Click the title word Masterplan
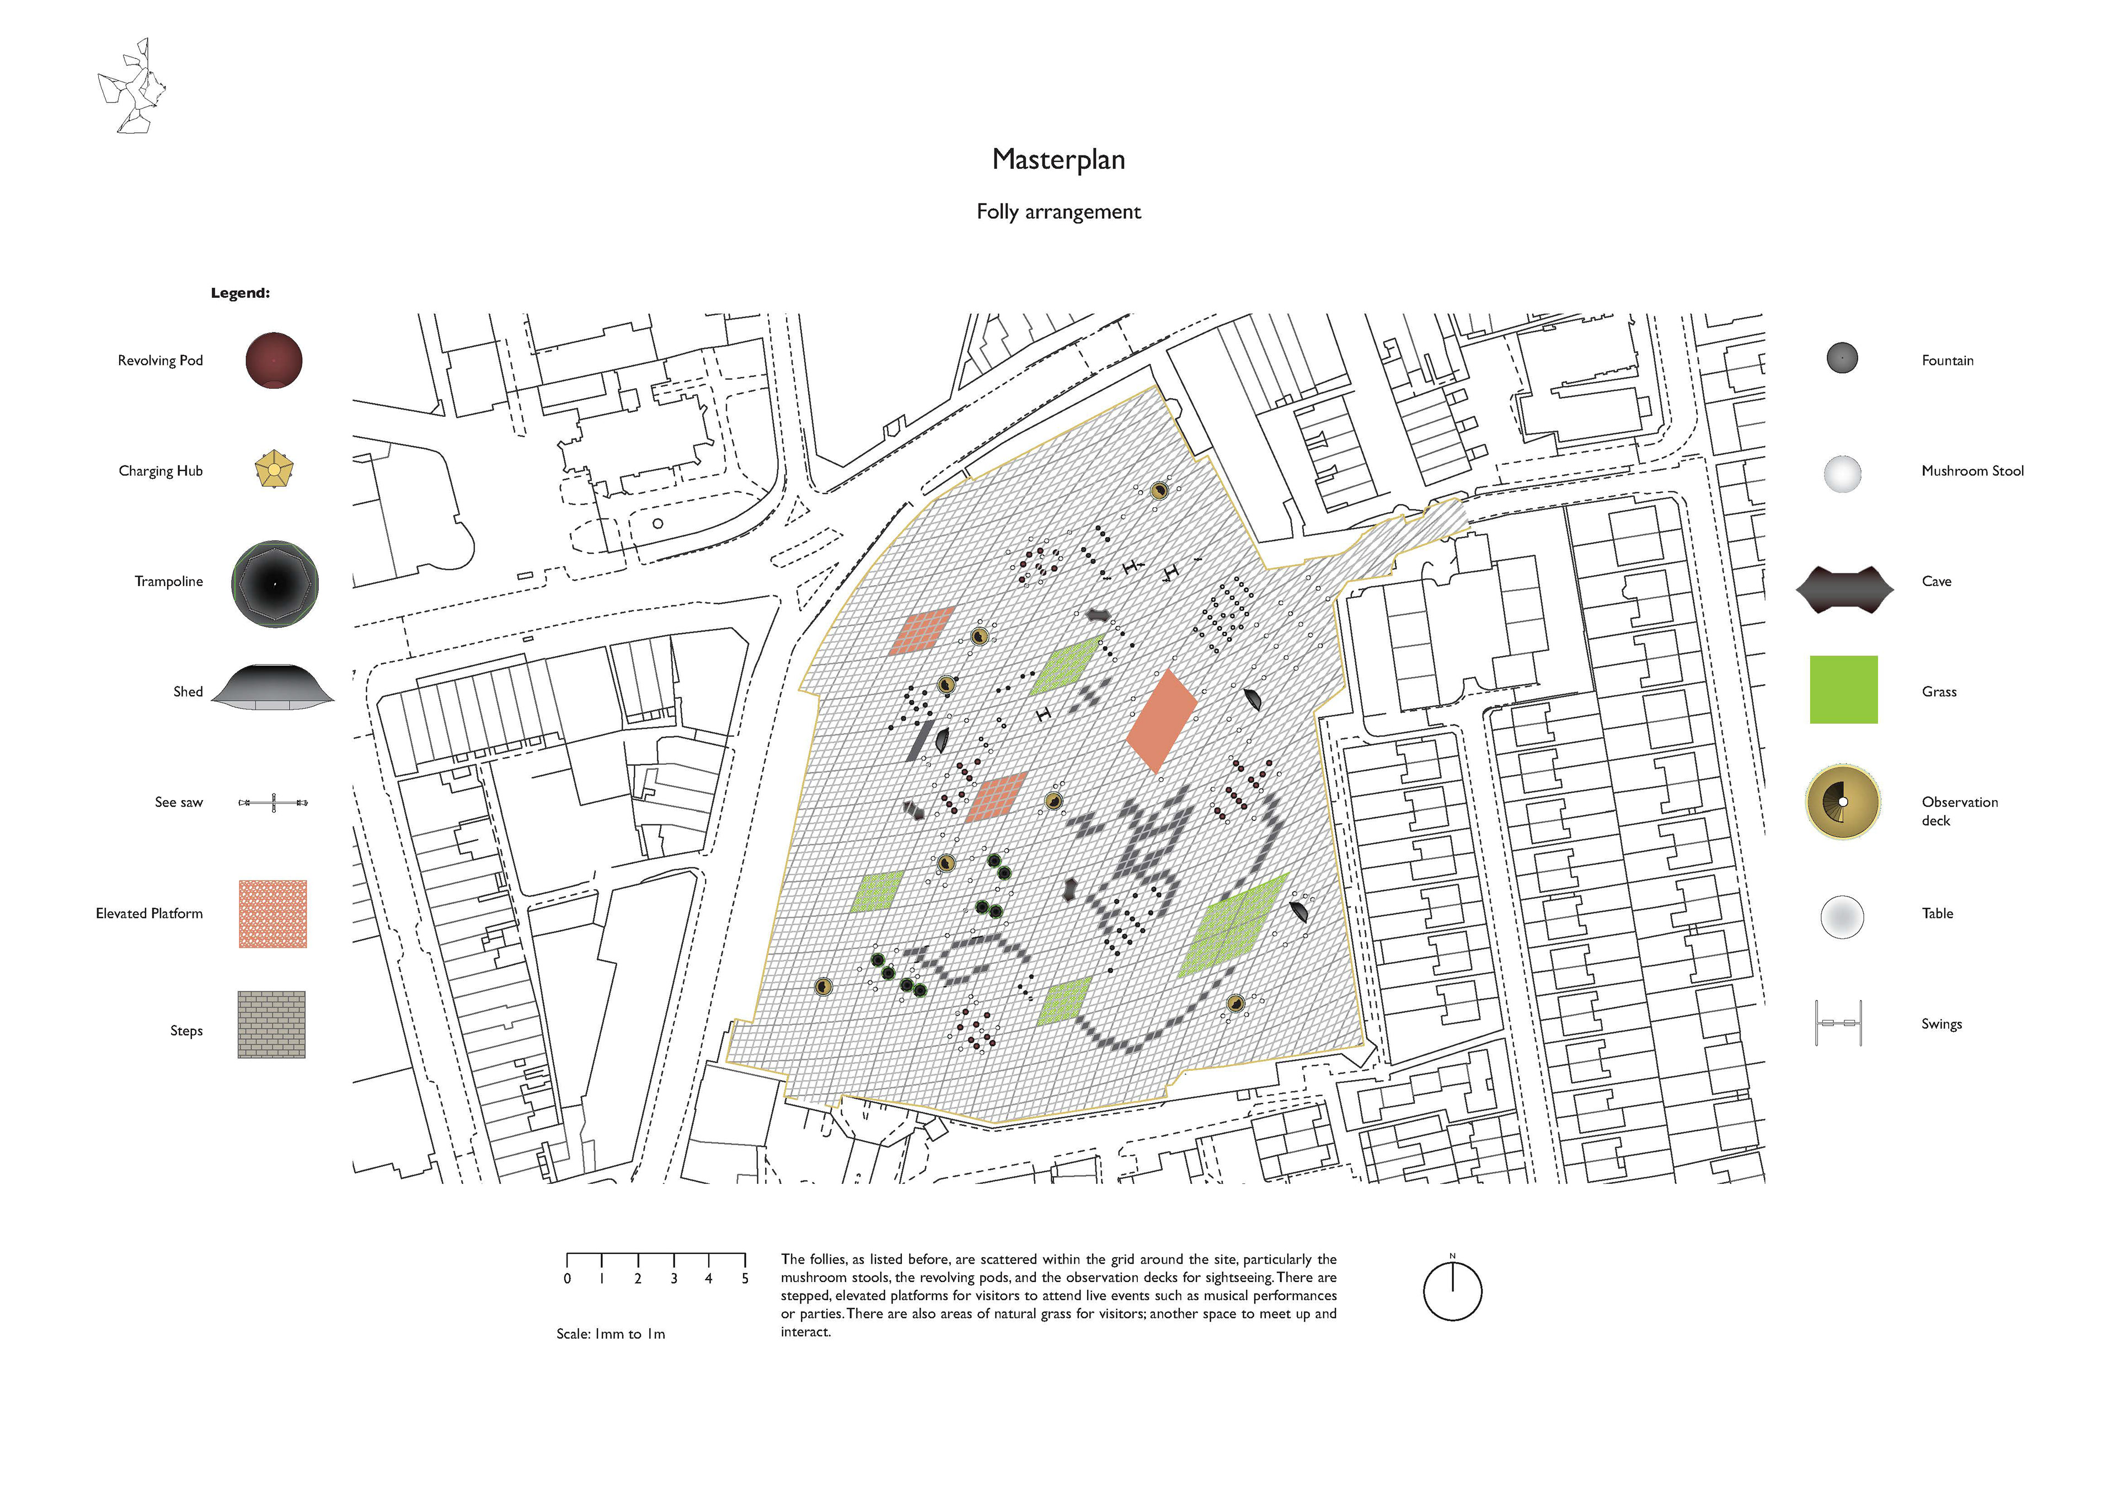click(1058, 159)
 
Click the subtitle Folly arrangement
click(1058, 212)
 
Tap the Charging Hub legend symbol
click(274, 469)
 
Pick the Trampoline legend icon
click(275, 584)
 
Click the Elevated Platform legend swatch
click(273, 913)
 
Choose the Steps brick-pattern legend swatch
click(272, 1025)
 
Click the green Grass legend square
click(1843, 689)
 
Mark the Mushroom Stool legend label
click(1972, 470)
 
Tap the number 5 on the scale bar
click(745, 1279)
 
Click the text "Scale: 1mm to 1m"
click(611, 1334)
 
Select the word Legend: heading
click(240, 293)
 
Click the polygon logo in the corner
click(132, 86)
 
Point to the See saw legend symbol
click(273, 802)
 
